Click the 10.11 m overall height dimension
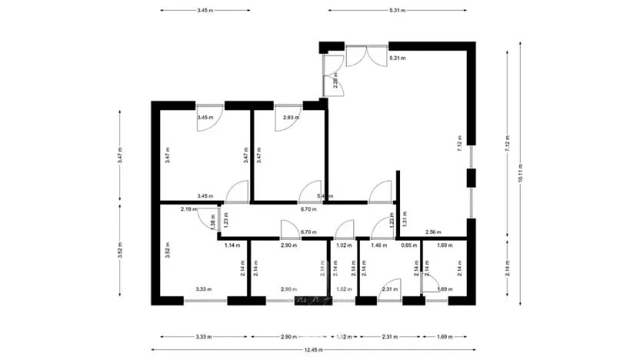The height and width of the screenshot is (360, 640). pos(521,174)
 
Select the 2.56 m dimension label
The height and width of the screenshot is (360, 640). pos(433,232)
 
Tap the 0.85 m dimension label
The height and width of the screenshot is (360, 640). pos(409,245)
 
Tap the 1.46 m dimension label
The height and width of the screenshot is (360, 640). pos(378,245)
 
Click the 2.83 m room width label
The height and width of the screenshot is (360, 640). pos(291,118)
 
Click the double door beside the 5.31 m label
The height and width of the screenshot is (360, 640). pos(360,56)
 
